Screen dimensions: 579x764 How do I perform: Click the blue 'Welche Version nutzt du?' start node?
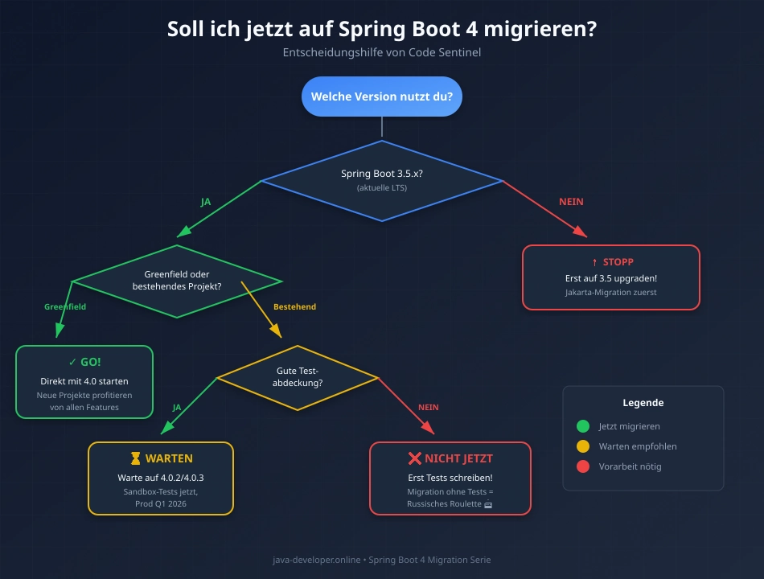(x=381, y=96)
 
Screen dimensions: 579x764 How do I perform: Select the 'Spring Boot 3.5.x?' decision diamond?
(x=381, y=180)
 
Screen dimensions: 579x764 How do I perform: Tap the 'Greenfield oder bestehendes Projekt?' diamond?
(x=177, y=281)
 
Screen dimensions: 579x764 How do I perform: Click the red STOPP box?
(x=611, y=277)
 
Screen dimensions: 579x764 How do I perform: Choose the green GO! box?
(x=84, y=381)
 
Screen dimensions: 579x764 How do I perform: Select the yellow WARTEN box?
(x=161, y=478)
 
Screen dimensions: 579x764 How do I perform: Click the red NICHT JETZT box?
(x=450, y=478)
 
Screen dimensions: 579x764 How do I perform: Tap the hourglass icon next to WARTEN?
(x=135, y=458)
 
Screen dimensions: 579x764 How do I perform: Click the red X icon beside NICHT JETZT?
(x=415, y=458)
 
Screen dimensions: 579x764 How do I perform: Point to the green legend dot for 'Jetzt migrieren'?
(x=583, y=426)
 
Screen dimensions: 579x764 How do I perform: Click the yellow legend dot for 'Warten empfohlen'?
(x=583, y=446)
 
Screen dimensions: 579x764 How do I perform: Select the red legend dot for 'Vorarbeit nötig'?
(x=583, y=466)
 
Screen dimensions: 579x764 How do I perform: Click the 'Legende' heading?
(x=643, y=403)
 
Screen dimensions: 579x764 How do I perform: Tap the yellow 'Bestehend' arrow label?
(x=294, y=307)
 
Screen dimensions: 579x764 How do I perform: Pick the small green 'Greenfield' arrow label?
(x=65, y=307)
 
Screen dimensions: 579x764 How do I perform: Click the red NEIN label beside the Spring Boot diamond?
(x=571, y=202)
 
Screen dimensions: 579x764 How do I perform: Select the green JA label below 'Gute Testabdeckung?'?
(x=177, y=408)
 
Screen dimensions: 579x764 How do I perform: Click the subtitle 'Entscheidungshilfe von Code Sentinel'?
(x=381, y=53)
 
